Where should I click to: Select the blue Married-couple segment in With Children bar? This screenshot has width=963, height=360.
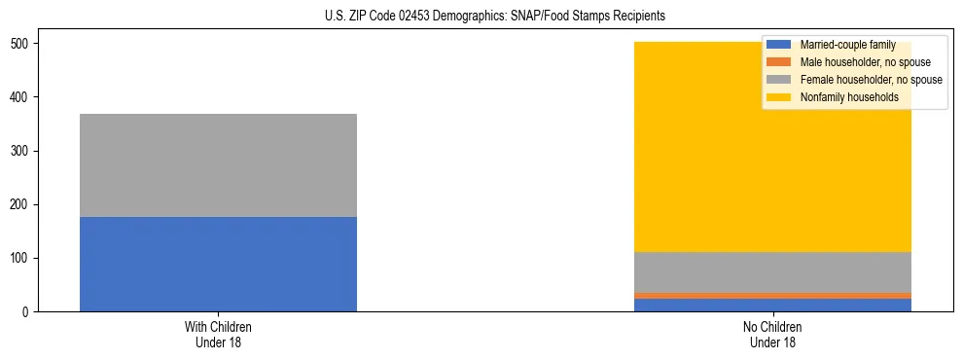[x=218, y=264]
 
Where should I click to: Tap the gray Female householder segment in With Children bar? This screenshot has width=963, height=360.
[x=218, y=165]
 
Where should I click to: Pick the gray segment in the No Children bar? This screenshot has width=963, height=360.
[x=772, y=271]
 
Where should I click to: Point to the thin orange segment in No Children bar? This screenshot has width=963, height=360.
[x=772, y=295]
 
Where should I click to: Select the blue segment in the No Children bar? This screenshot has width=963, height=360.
[x=772, y=305]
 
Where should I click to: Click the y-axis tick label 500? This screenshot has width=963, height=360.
[x=20, y=44]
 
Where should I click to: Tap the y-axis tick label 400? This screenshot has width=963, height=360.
[x=20, y=97]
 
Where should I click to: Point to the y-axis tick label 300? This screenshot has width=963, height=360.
[x=20, y=151]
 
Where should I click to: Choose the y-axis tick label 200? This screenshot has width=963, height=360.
[x=20, y=204]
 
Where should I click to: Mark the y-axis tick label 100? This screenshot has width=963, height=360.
[x=20, y=258]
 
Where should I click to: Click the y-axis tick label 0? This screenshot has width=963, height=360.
[x=27, y=311]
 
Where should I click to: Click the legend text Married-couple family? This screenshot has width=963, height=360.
[x=847, y=45]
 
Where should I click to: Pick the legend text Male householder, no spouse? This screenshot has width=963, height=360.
[x=865, y=62]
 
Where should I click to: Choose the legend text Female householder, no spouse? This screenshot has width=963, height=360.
[x=871, y=80]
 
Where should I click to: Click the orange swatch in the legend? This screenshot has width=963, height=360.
[x=779, y=62]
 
